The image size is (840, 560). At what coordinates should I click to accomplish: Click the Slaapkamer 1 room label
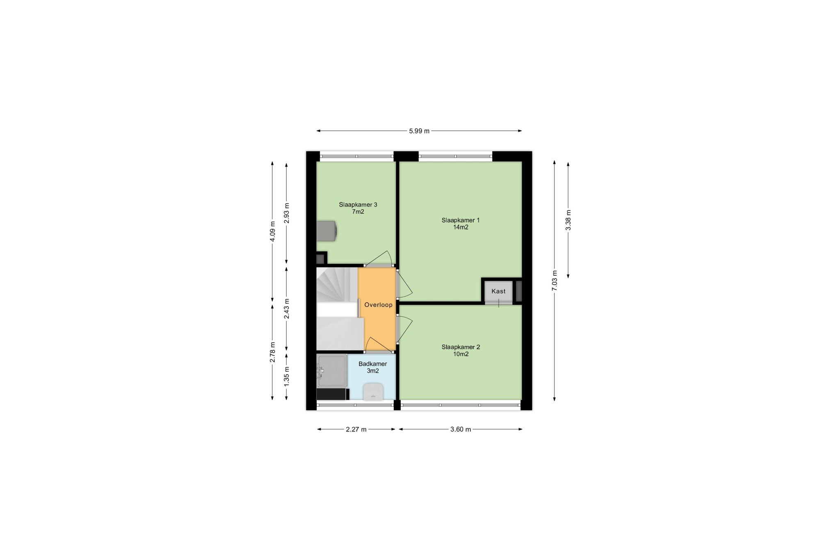[x=460, y=224]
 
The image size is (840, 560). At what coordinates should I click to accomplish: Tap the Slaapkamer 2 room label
[x=460, y=350]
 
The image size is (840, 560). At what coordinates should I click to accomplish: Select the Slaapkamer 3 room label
[x=358, y=208]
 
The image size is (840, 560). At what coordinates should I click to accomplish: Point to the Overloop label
[x=378, y=305]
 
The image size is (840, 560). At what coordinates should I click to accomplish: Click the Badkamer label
[x=372, y=367]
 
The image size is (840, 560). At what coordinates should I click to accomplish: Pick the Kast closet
[x=498, y=291]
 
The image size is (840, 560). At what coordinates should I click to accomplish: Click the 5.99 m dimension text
[x=419, y=131]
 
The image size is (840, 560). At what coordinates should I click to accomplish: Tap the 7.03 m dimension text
[x=555, y=281]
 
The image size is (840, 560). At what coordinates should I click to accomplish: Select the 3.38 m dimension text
[x=568, y=220]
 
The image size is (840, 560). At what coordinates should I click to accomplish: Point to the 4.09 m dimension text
[x=272, y=232]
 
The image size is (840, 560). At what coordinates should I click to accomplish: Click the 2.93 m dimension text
[x=286, y=213]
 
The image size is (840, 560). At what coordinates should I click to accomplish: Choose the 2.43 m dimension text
[x=286, y=308]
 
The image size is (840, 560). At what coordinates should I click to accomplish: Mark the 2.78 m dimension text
[x=272, y=352]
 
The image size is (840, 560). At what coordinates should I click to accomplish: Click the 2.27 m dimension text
[x=356, y=430]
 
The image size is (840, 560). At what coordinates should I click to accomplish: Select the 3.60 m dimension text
[x=460, y=430]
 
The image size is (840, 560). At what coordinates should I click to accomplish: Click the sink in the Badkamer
[x=373, y=391]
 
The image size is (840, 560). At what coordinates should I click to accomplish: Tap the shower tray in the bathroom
[x=332, y=371]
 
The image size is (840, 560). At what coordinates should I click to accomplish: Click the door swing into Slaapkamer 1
[x=404, y=283]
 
